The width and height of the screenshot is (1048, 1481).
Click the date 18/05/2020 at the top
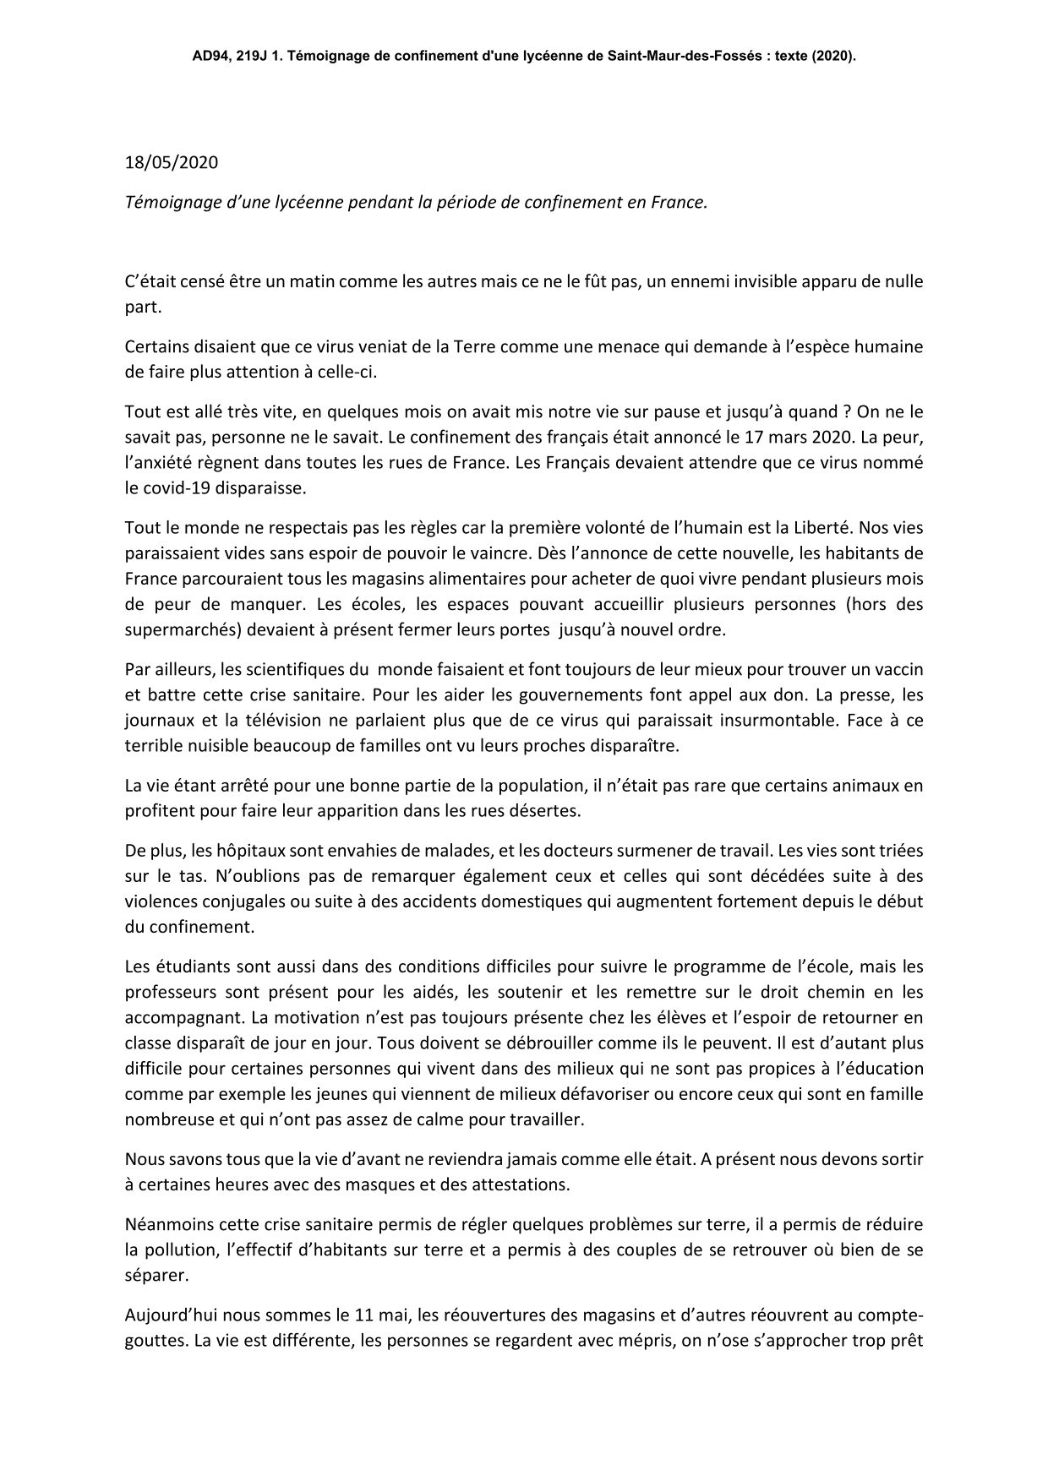[x=171, y=162]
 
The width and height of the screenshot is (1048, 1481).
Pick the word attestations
[x=518, y=1184]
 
